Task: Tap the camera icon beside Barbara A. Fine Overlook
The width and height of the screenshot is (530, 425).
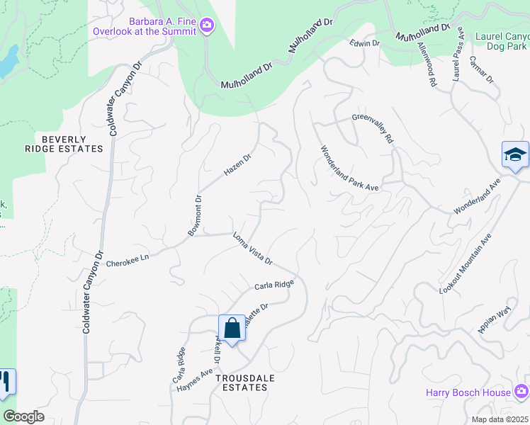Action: (x=207, y=25)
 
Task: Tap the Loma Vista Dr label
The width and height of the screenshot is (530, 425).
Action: (x=253, y=249)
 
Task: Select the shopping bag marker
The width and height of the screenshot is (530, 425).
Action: (x=232, y=328)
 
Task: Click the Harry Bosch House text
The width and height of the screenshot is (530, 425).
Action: (x=468, y=392)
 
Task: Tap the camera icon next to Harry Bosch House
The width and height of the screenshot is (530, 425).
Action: (x=521, y=392)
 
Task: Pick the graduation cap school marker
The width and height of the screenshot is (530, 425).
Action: (x=515, y=154)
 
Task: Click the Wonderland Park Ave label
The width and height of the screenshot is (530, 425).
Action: (x=350, y=169)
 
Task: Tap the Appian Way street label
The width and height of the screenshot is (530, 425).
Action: (x=494, y=320)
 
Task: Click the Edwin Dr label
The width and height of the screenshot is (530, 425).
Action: (x=365, y=43)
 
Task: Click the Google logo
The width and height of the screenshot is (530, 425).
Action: (x=24, y=416)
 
